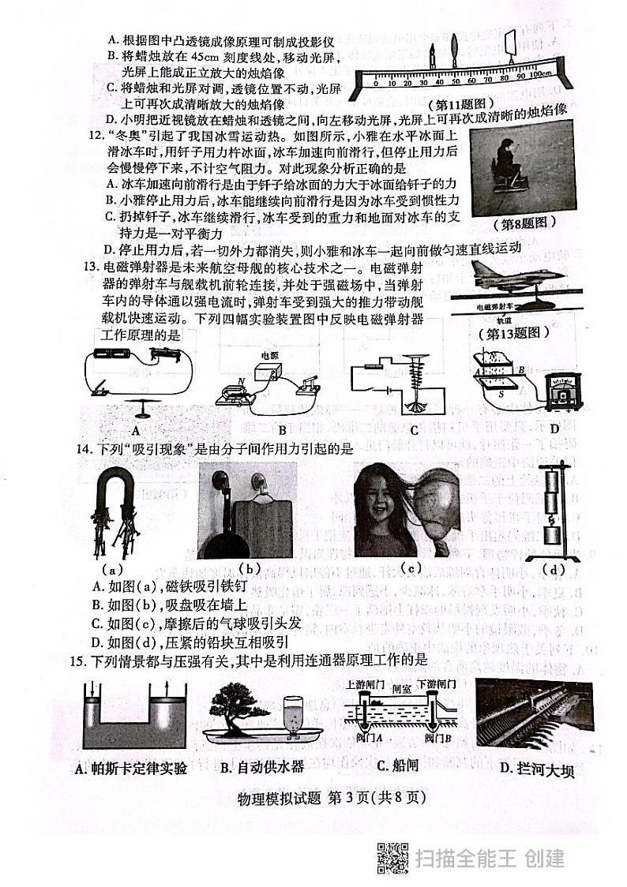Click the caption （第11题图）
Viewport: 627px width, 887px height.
pos(460,103)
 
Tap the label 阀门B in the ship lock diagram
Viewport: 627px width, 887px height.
pos(437,739)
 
